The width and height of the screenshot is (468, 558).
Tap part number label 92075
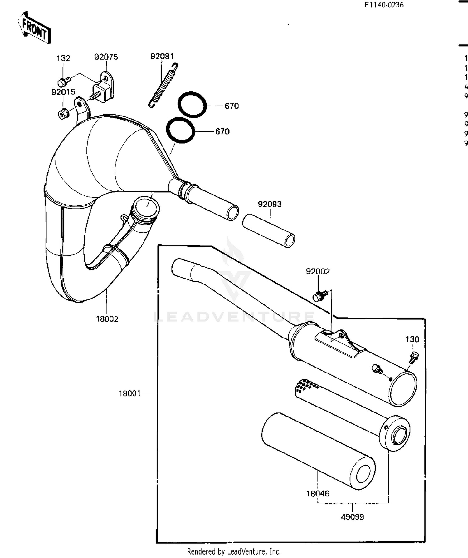point(106,57)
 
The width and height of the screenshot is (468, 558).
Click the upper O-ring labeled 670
point(192,105)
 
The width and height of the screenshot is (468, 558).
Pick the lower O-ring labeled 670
point(180,130)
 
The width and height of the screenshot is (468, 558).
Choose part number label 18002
point(107,319)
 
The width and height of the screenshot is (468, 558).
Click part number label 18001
point(129,393)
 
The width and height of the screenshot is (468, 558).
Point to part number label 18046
point(318,494)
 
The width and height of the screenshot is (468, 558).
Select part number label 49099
point(352,517)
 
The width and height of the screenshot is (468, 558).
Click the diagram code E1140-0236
point(384,5)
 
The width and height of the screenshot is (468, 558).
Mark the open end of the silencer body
point(403,389)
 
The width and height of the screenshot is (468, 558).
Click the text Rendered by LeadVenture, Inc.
point(234,552)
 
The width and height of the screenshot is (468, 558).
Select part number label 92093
point(270,204)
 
